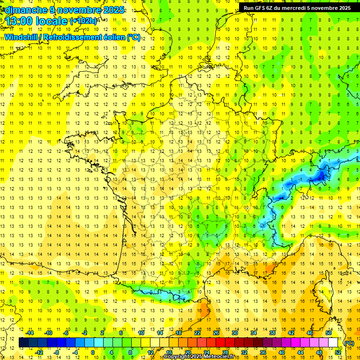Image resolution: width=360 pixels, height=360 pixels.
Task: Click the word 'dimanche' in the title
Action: point(24,10)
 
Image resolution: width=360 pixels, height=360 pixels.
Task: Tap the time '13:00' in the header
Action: point(20,21)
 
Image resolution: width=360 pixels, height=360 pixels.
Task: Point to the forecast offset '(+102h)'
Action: point(83,21)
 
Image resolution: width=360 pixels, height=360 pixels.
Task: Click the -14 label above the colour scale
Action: point(30,333)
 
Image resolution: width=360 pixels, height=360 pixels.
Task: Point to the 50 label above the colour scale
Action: point(328,333)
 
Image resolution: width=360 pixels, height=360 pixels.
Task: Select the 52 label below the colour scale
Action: point(338,352)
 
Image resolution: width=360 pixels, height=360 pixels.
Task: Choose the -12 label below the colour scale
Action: point(39,352)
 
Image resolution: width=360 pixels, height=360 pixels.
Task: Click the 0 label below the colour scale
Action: point(93,352)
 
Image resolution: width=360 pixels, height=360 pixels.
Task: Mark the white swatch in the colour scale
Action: point(333,343)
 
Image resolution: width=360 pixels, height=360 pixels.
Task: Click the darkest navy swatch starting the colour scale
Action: point(23,343)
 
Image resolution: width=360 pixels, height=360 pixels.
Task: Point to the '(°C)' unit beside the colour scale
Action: point(349,343)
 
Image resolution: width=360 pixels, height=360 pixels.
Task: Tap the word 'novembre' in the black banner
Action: point(324,8)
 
